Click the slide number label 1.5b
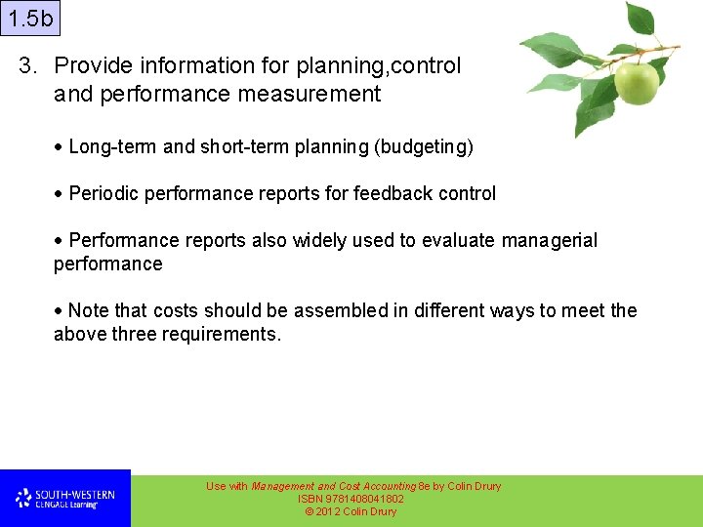pos(29,19)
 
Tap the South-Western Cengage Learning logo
pos(64,499)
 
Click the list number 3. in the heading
pos(29,66)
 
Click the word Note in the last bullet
pos(90,311)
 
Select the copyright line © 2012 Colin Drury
pos(351,511)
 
